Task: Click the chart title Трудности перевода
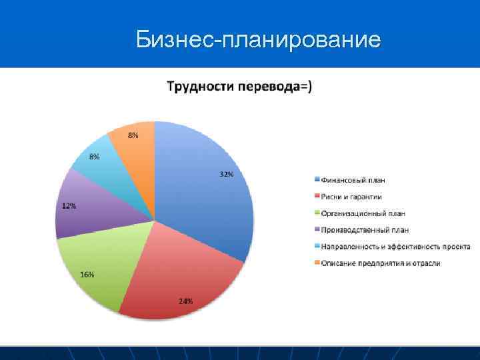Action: pos(238,87)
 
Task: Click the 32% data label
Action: pos(226,175)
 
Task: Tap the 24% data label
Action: pos(185,301)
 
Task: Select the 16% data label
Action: pos(87,275)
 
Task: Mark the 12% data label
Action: pos(69,206)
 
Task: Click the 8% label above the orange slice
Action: pos(133,135)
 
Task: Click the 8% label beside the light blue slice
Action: pos(95,157)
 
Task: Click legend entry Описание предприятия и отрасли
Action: pos(381,263)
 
